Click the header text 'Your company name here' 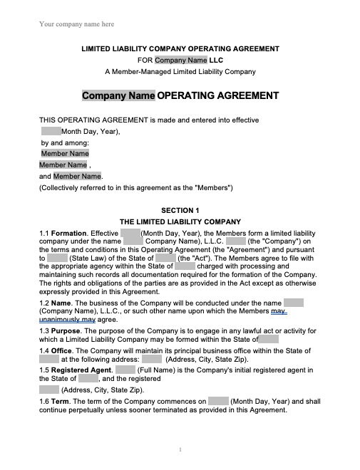tap(76, 24)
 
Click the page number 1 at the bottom tap(180, 449)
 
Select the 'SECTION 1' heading tap(180, 211)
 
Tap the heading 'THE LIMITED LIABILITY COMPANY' tap(180, 221)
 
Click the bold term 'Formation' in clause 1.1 tap(69, 234)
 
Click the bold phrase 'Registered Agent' tap(81, 370)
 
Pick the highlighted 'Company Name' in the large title tap(118, 95)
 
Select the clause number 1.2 tap(44, 303)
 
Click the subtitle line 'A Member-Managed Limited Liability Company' tap(180, 71)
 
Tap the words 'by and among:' tap(65, 142)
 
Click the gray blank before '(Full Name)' tap(125, 370)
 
